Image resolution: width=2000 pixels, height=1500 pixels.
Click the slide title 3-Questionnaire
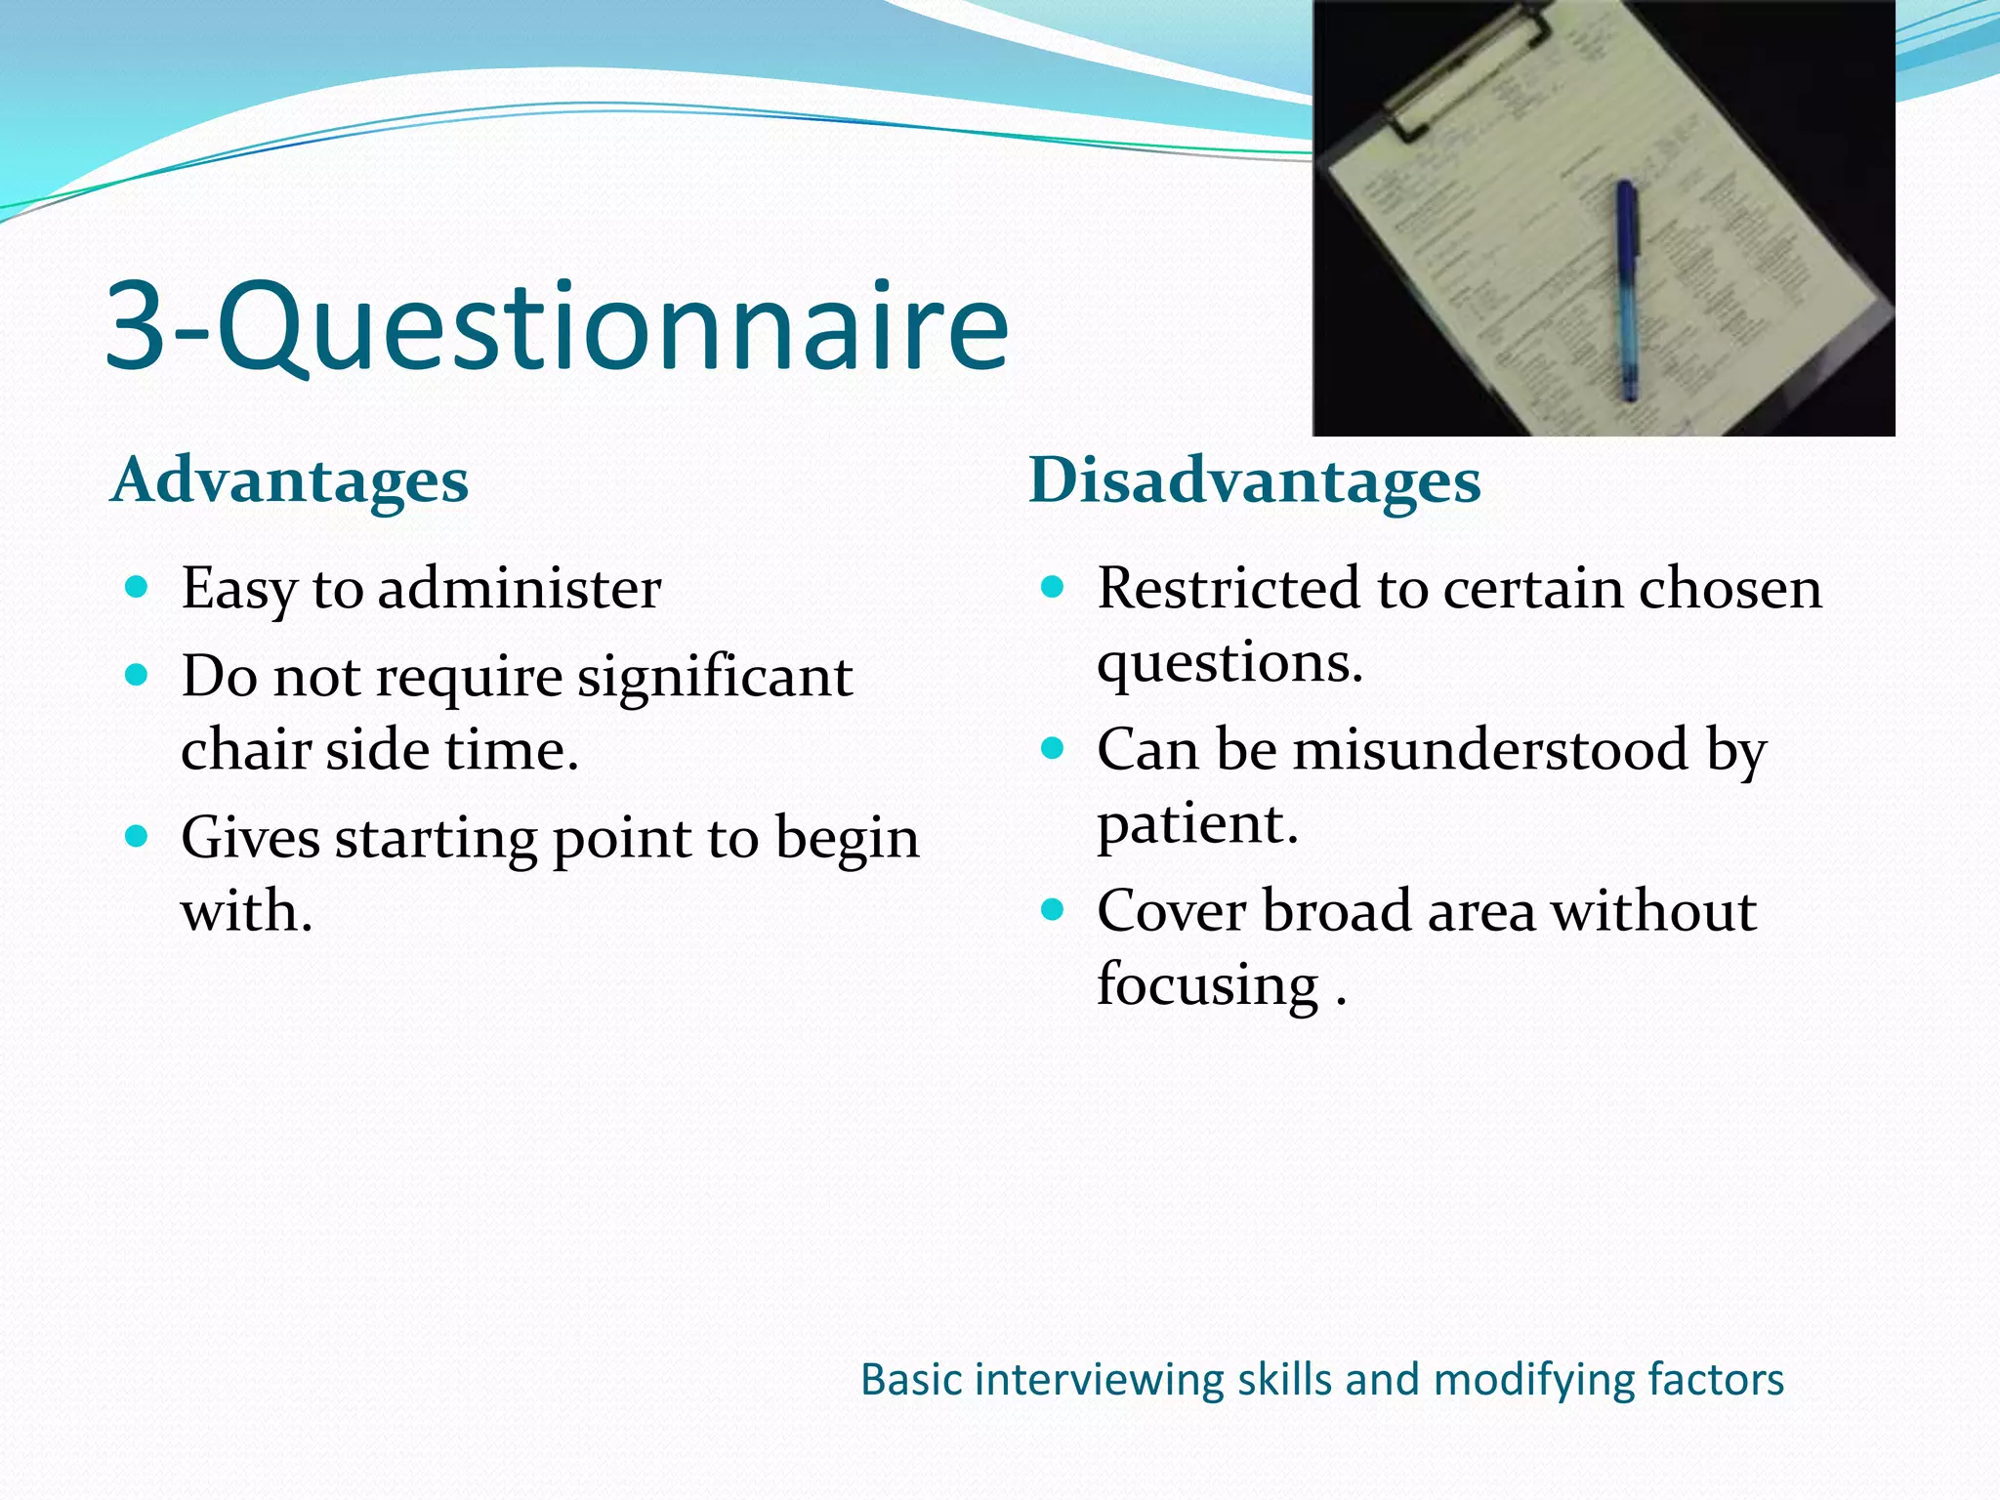[557, 327]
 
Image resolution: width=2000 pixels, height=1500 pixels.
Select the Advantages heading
[290, 480]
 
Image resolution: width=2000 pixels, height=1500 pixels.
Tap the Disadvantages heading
[1254, 480]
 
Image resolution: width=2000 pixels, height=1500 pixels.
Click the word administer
[520, 588]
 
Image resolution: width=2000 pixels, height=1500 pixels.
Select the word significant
[714, 676]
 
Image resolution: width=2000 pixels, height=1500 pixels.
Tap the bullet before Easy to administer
[137, 587]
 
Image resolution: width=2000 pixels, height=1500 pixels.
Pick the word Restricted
[1228, 588]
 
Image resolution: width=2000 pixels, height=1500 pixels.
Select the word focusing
[1207, 984]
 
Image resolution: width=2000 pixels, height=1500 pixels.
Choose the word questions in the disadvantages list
[1229, 664]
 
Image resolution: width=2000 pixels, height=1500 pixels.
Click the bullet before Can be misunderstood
[1052, 749]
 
